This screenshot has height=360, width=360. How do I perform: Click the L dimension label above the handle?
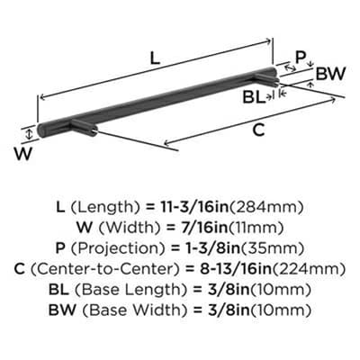click(155, 58)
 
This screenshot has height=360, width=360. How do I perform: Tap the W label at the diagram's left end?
click(23, 154)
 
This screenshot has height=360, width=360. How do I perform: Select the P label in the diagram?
click(300, 57)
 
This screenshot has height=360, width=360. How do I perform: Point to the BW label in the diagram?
click(331, 73)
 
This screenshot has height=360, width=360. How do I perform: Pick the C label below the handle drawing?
click(259, 130)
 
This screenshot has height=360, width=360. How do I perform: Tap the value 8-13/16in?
click(234, 269)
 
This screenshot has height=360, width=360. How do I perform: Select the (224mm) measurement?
click(309, 269)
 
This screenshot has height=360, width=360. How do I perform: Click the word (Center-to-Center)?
click(103, 269)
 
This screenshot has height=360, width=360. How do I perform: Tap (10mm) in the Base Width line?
click(280, 310)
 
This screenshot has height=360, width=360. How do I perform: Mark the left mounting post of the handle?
click(85, 128)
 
